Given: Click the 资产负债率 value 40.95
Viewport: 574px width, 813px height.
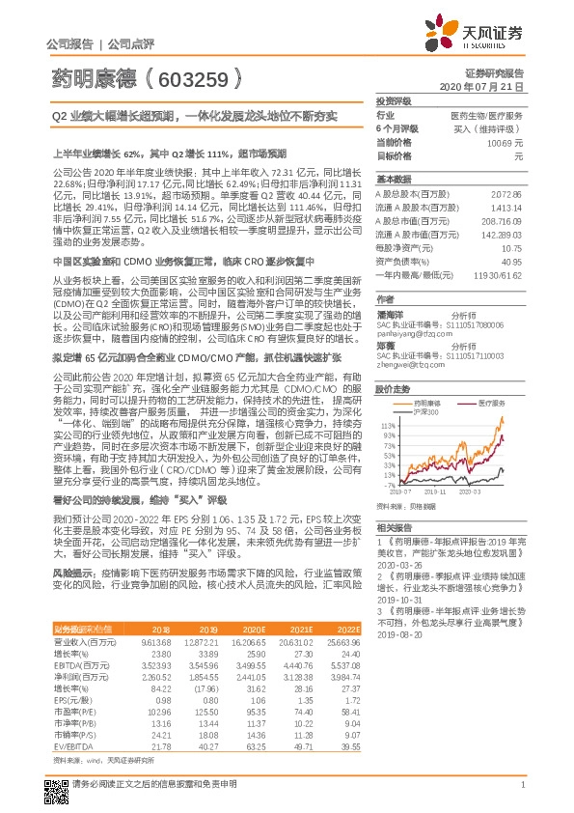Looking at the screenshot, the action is (512, 261).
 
